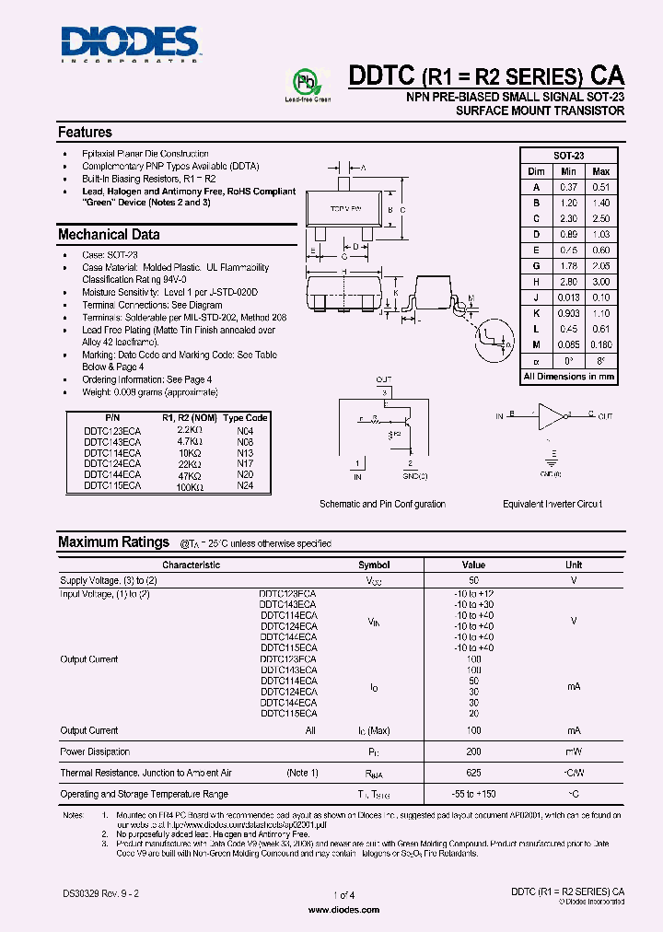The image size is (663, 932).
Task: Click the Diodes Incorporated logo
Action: click(129, 41)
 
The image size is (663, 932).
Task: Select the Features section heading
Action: click(85, 133)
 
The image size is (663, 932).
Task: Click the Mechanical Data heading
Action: click(109, 235)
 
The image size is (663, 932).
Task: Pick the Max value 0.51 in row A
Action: click(600, 187)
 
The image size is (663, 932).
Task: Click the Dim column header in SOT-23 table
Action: click(536, 172)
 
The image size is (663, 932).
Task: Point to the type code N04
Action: click(245, 430)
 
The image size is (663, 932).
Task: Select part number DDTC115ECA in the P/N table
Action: click(112, 485)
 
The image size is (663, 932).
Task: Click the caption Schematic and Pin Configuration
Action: click(382, 504)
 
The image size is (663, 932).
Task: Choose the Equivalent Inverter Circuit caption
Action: click(552, 504)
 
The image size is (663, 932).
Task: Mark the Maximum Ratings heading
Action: click(113, 542)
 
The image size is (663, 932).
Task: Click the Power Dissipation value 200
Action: click(473, 751)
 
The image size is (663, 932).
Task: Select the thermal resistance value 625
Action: click(473, 773)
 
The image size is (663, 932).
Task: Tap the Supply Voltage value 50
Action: click(473, 581)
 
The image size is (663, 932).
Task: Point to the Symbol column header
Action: click(374, 565)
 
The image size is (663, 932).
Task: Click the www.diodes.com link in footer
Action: click(343, 910)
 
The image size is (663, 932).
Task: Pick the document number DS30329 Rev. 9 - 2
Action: click(101, 893)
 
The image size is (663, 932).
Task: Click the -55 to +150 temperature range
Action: click(473, 794)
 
